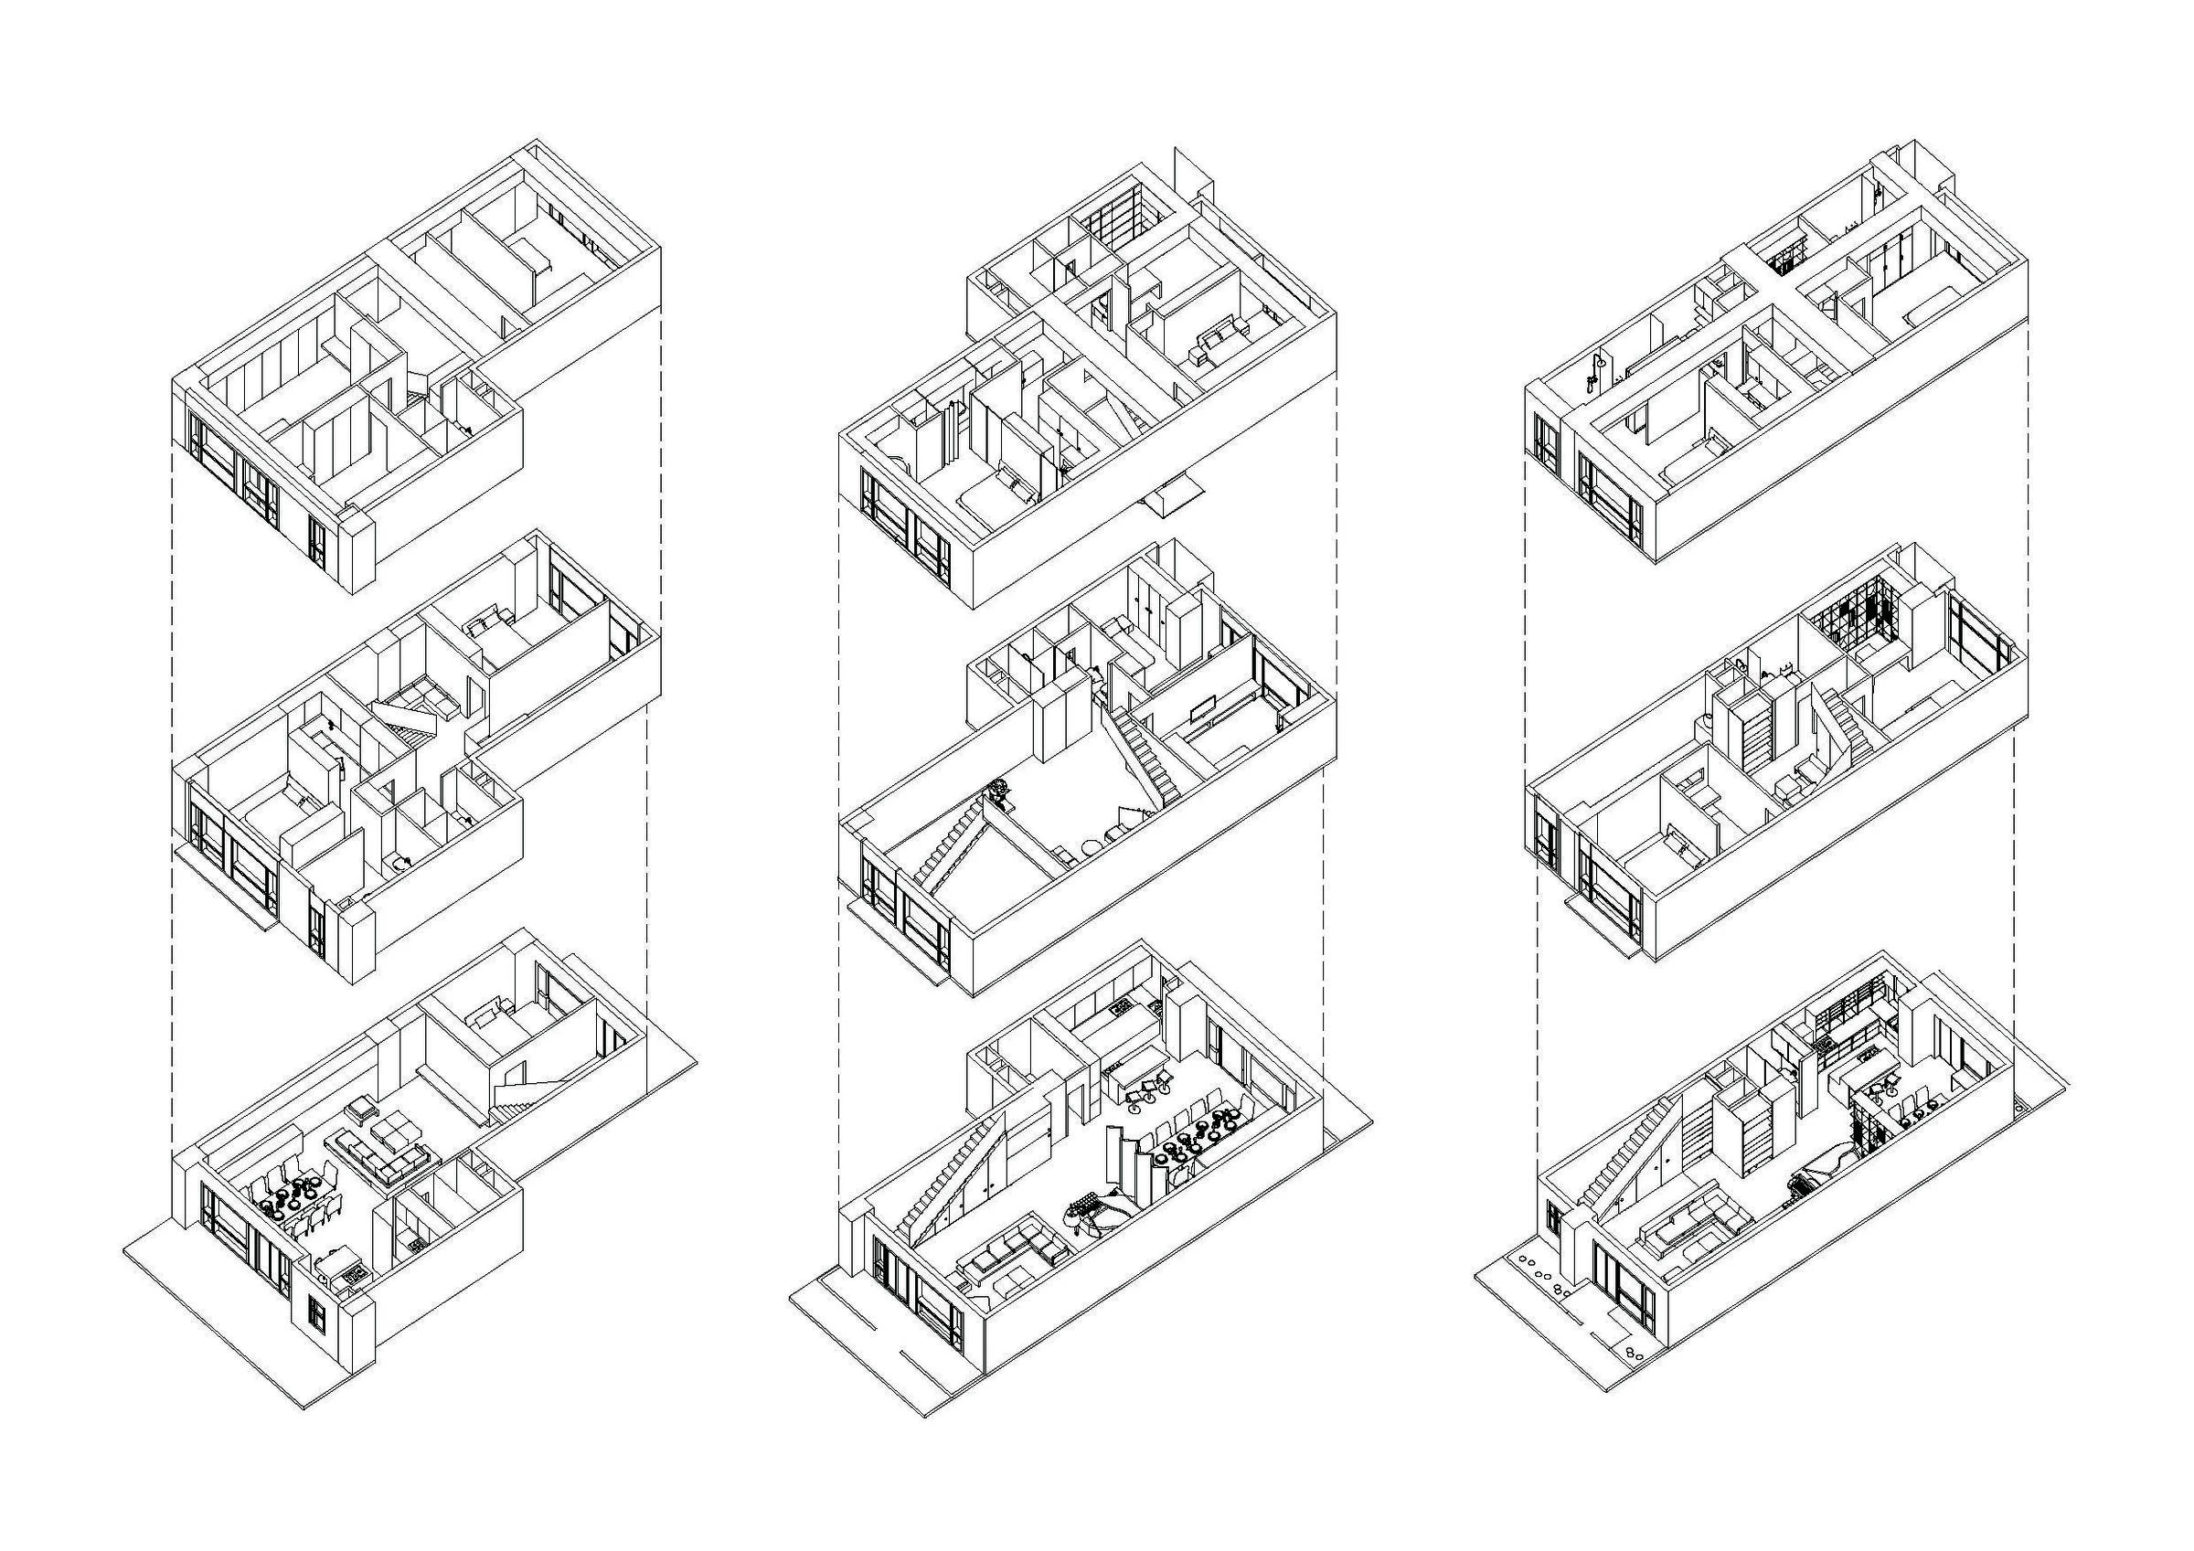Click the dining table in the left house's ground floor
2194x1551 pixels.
pyautogui.click(x=295, y=1206)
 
